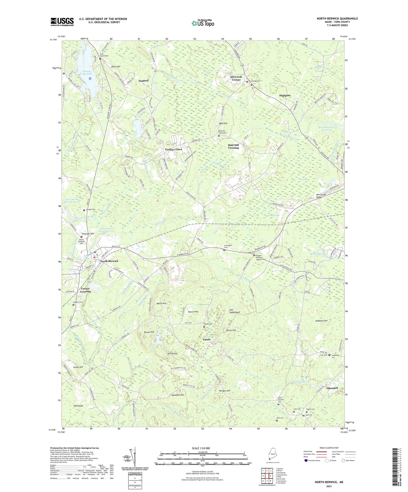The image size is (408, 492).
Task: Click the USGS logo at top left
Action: (62, 22)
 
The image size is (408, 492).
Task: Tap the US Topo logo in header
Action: (203, 23)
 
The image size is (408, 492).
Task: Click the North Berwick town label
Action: (109, 261)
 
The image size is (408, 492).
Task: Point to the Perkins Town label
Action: (173, 149)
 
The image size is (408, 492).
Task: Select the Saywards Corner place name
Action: (236, 78)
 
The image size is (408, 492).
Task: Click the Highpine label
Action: (285, 96)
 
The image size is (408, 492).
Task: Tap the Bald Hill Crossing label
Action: (234, 147)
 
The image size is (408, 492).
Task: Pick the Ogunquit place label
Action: (332, 388)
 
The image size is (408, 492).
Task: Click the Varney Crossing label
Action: (85, 290)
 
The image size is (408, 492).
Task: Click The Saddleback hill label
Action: (235, 311)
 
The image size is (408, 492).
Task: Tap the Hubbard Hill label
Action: (321, 321)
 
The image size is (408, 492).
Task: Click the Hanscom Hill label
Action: (178, 395)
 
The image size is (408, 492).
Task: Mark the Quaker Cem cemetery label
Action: (78, 302)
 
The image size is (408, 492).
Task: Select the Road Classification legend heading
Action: (329, 448)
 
